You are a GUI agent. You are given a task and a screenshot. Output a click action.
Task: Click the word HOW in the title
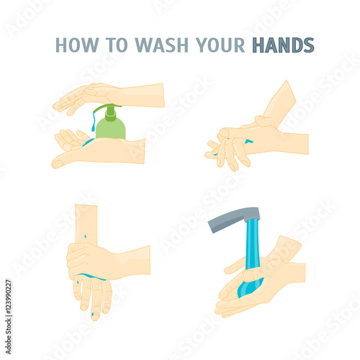pyautogui.click(x=77, y=45)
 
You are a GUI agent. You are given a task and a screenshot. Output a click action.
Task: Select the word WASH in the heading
pyautogui.click(x=161, y=45)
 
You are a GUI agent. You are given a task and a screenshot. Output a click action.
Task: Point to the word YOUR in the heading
pyautogui.click(x=220, y=45)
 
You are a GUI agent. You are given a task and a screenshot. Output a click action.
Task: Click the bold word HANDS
pyautogui.click(x=283, y=45)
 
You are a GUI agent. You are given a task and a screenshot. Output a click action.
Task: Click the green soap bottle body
pyautogui.click(x=111, y=128)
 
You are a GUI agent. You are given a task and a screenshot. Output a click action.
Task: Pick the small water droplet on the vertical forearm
pyautogui.click(x=86, y=235)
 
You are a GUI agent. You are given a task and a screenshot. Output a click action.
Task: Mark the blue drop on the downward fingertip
pyautogui.click(x=93, y=313)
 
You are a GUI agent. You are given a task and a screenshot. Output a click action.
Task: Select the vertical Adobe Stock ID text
pyautogui.click(x=9, y=317)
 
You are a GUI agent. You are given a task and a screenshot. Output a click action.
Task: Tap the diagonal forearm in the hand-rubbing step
pyautogui.click(x=279, y=103)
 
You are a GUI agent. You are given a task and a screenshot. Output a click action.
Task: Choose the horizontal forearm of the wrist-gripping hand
pyautogui.click(x=132, y=261)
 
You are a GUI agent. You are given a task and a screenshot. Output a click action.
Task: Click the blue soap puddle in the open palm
pyautogui.click(x=88, y=142)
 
